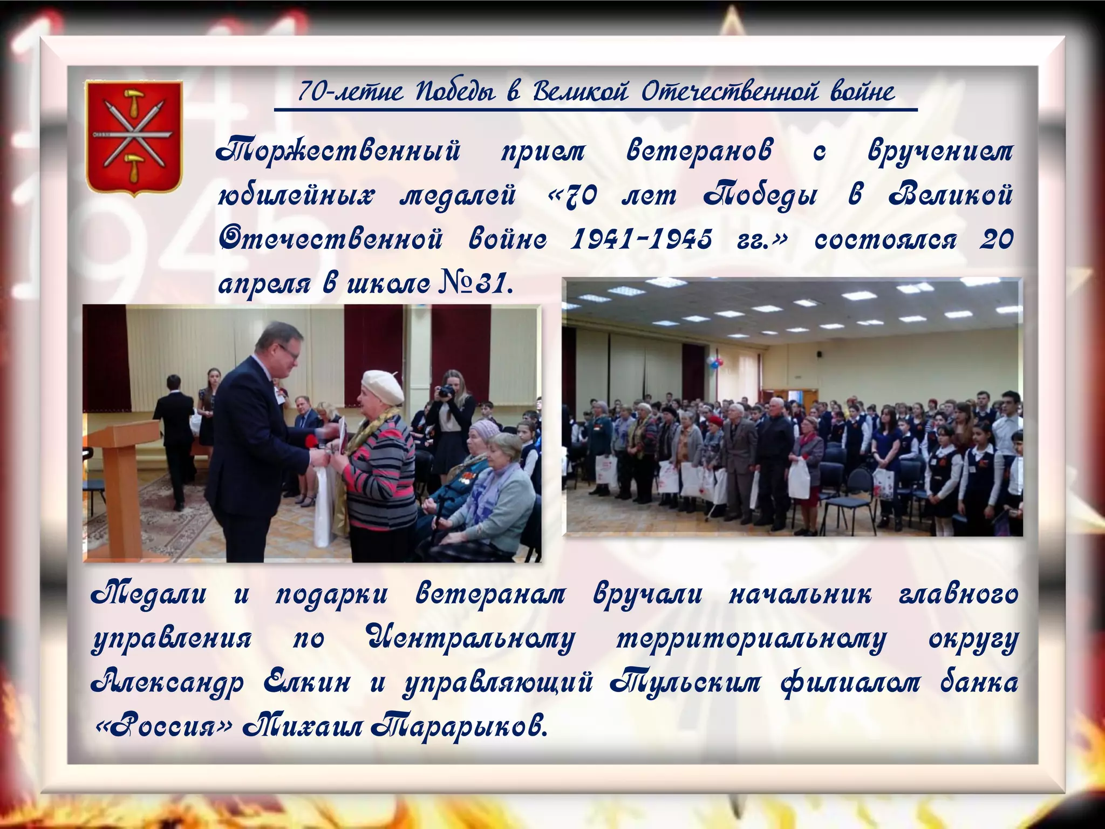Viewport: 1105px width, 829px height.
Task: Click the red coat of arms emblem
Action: pos(134,138)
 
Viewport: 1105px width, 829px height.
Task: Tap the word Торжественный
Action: pos(338,151)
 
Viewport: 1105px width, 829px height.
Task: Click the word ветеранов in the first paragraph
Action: pos(699,151)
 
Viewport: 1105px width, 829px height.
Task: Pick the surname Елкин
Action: pos(306,682)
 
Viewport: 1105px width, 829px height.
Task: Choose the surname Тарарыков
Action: pos(459,726)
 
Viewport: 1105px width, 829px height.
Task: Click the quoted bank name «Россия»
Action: pos(163,726)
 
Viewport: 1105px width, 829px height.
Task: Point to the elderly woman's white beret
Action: pos(382,386)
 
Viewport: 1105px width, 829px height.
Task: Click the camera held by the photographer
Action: pos(446,391)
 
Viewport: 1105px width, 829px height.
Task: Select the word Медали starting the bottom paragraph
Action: pos(149,595)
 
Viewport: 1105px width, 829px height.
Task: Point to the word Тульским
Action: pos(685,682)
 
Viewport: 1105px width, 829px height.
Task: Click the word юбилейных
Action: pos(296,195)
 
